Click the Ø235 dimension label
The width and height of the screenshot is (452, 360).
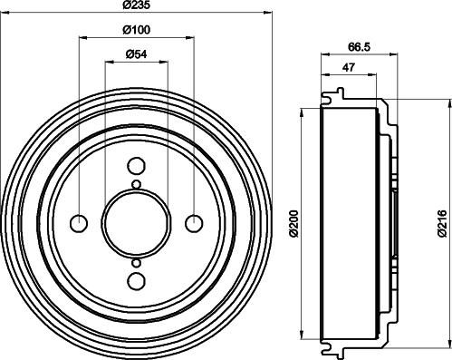[136, 5]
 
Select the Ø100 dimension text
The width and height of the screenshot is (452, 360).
[136, 30]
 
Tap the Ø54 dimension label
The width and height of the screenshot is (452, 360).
[136, 54]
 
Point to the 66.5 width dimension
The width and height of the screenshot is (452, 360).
[359, 47]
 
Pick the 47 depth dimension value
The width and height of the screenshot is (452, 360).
[349, 67]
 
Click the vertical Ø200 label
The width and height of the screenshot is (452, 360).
[293, 223]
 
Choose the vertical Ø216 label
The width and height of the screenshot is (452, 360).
[442, 223]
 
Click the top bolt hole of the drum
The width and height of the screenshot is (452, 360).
[136, 166]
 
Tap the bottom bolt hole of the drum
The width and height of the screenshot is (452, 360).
[136, 280]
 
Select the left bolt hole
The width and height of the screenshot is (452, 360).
[79, 223]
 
